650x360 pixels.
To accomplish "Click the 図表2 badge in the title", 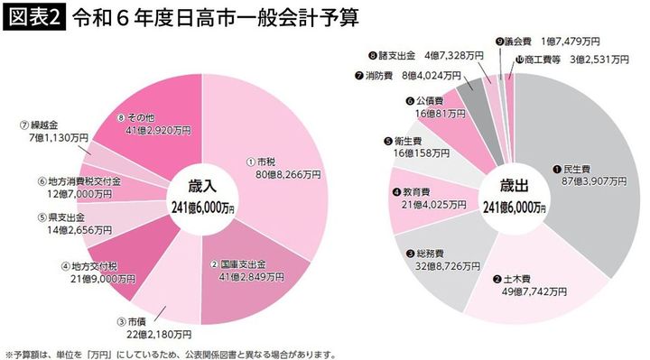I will tap(33, 16).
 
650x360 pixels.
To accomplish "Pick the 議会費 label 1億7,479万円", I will tap(545, 42).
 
